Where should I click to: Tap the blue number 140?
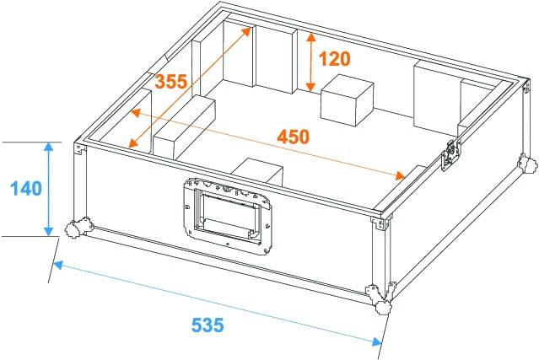[27, 188]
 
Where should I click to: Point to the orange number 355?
[171, 83]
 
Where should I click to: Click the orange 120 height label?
[334, 59]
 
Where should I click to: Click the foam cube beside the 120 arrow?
[348, 99]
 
